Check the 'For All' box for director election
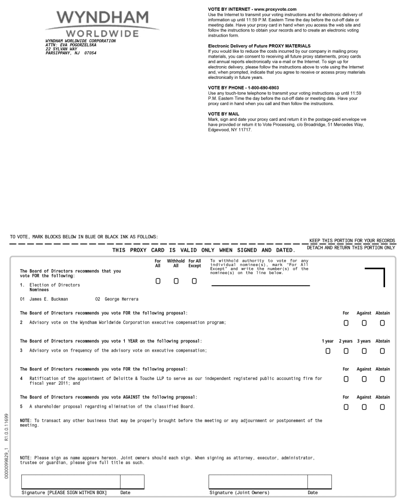[x=157, y=281]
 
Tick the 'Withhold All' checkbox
[x=175, y=281]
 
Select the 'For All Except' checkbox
[x=194, y=281]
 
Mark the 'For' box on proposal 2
[x=346, y=323]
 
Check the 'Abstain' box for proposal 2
[x=382, y=323]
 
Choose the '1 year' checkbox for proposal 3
[x=327, y=351]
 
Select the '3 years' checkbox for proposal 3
[x=364, y=351]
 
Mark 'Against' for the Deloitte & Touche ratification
[x=364, y=379]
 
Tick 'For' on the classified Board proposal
[x=346, y=407]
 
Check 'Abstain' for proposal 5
[x=382, y=407]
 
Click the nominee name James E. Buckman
[x=49, y=299]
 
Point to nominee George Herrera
[x=121, y=299]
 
